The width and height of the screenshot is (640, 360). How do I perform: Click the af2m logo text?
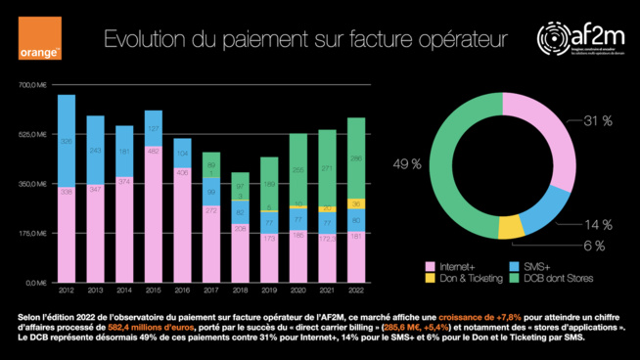[587, 34]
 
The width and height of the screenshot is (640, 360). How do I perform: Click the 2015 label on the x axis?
[153, 291]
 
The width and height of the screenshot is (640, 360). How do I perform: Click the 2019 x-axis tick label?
[268, 291]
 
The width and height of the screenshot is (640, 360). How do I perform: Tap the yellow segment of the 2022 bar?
[356, 203]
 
